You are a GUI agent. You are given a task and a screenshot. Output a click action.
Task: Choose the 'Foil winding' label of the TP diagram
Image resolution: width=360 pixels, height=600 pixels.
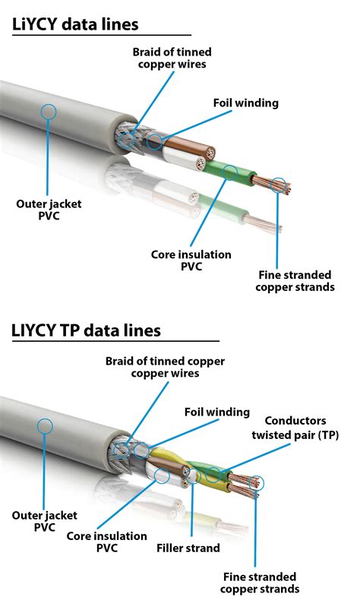216,412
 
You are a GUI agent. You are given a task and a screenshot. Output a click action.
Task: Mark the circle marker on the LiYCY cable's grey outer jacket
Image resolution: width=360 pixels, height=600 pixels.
49,112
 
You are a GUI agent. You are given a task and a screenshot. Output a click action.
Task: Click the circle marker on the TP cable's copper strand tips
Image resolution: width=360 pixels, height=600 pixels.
256,482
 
